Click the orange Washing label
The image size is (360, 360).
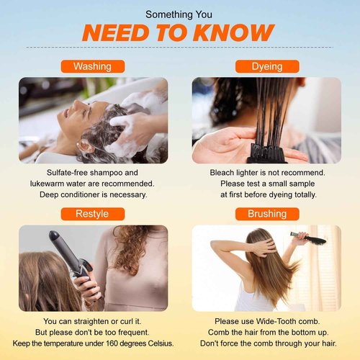point(93,66)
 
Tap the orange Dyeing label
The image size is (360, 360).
point(266,66)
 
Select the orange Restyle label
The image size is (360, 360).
point(93,214)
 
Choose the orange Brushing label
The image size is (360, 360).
point(266,214)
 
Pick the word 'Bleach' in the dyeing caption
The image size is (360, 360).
point(224,173)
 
